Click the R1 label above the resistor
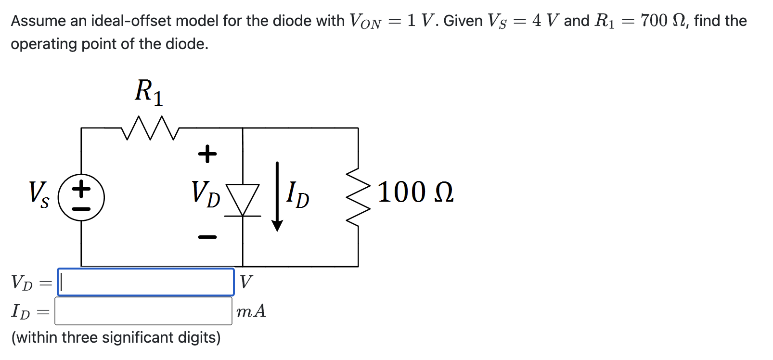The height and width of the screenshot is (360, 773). click(149, 91)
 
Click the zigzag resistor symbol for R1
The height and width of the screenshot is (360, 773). click(151, 128)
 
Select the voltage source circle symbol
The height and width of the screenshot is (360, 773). click(81, 197)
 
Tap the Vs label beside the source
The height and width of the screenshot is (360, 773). click(39, 194)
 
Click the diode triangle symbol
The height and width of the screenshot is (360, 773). click(243, 199)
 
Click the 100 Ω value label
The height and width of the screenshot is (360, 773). click(415, 192)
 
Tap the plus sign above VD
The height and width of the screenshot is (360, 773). click(207, 154)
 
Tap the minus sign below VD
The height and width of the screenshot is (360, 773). click(207, 237)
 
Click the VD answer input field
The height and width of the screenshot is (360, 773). click(146, 282)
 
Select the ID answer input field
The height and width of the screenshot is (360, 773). click(143, 311)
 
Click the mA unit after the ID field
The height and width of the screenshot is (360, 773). click(251, 311)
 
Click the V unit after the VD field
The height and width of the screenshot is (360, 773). click(245, 282)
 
